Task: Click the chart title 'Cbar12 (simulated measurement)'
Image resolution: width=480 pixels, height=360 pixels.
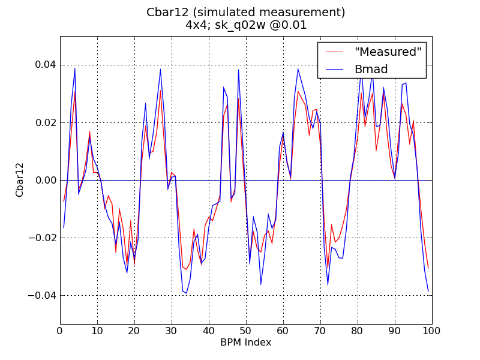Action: [x=246, y=12]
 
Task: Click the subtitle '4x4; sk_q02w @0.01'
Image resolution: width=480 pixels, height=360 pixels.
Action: [x=246, y=25]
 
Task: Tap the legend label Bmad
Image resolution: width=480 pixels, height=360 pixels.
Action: [x=371, y=69]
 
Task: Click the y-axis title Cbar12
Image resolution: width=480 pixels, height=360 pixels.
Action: [x=20, y=180]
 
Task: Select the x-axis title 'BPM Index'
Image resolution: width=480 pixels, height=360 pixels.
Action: [x=246, y=343]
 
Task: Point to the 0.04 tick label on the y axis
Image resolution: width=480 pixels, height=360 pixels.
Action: [x=43, y=65]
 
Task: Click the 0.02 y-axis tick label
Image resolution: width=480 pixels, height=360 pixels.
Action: [x=43, y=122]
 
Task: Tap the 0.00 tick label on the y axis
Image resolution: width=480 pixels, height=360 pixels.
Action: [x=43, y=180]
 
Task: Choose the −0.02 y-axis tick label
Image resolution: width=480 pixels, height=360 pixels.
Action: [x=41, y=238]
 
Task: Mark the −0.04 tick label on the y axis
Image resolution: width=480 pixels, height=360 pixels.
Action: [x=41, y=295]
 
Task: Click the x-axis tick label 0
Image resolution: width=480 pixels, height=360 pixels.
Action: [x=60, y=331]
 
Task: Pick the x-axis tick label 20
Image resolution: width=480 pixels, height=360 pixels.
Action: [x=134, y=331]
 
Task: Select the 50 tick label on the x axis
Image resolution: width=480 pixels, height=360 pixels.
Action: [x=246, y=331]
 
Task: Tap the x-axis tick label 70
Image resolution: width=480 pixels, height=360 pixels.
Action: [x=320, y=331]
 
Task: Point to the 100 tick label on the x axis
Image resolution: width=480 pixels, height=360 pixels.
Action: [x=432, y=331]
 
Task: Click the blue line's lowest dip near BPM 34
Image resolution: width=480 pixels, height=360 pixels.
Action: [x=187, y=293]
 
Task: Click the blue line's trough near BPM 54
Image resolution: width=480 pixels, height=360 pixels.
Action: [x=261, y=284]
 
